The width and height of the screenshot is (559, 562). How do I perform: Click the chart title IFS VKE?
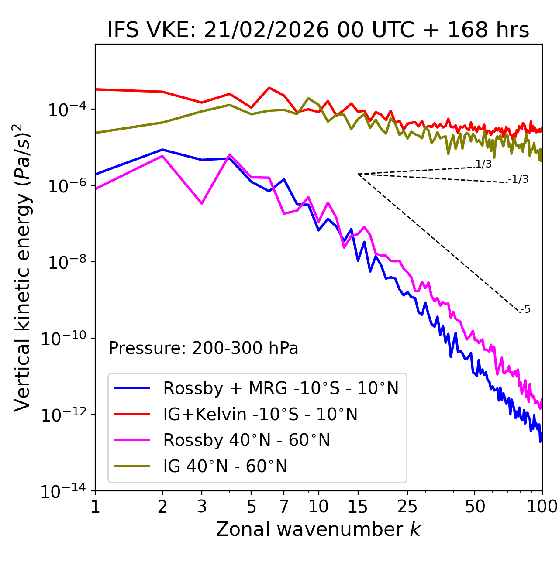coord(318,30)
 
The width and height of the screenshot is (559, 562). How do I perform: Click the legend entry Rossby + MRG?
coord(280,388)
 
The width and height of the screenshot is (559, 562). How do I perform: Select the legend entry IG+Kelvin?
coord(260,414)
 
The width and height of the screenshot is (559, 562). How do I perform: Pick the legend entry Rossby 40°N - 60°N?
coord(246,440)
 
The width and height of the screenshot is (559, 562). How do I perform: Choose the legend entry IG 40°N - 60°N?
coord(225,466)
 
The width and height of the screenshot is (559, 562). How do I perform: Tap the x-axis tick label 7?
coord(284,507)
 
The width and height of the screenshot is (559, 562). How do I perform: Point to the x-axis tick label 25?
coord(407,507)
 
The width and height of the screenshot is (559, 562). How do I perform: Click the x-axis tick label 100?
coord(542,507)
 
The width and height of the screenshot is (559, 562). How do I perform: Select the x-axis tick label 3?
coord(201,507)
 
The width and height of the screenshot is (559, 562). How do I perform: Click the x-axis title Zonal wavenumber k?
coord(318,529)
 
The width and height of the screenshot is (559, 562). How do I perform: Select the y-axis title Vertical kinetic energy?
coord(23,267)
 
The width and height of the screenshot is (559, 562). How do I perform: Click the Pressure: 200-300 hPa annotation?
coord(203,348)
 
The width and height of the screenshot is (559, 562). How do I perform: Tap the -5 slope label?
coord(525,309)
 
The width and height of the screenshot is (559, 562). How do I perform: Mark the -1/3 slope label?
coord(518,179)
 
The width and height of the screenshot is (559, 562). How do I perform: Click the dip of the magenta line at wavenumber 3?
coord(201,203)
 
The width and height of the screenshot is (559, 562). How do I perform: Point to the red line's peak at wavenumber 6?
coord(269,88)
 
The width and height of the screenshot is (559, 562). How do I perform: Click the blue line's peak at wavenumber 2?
coord(162,150)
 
